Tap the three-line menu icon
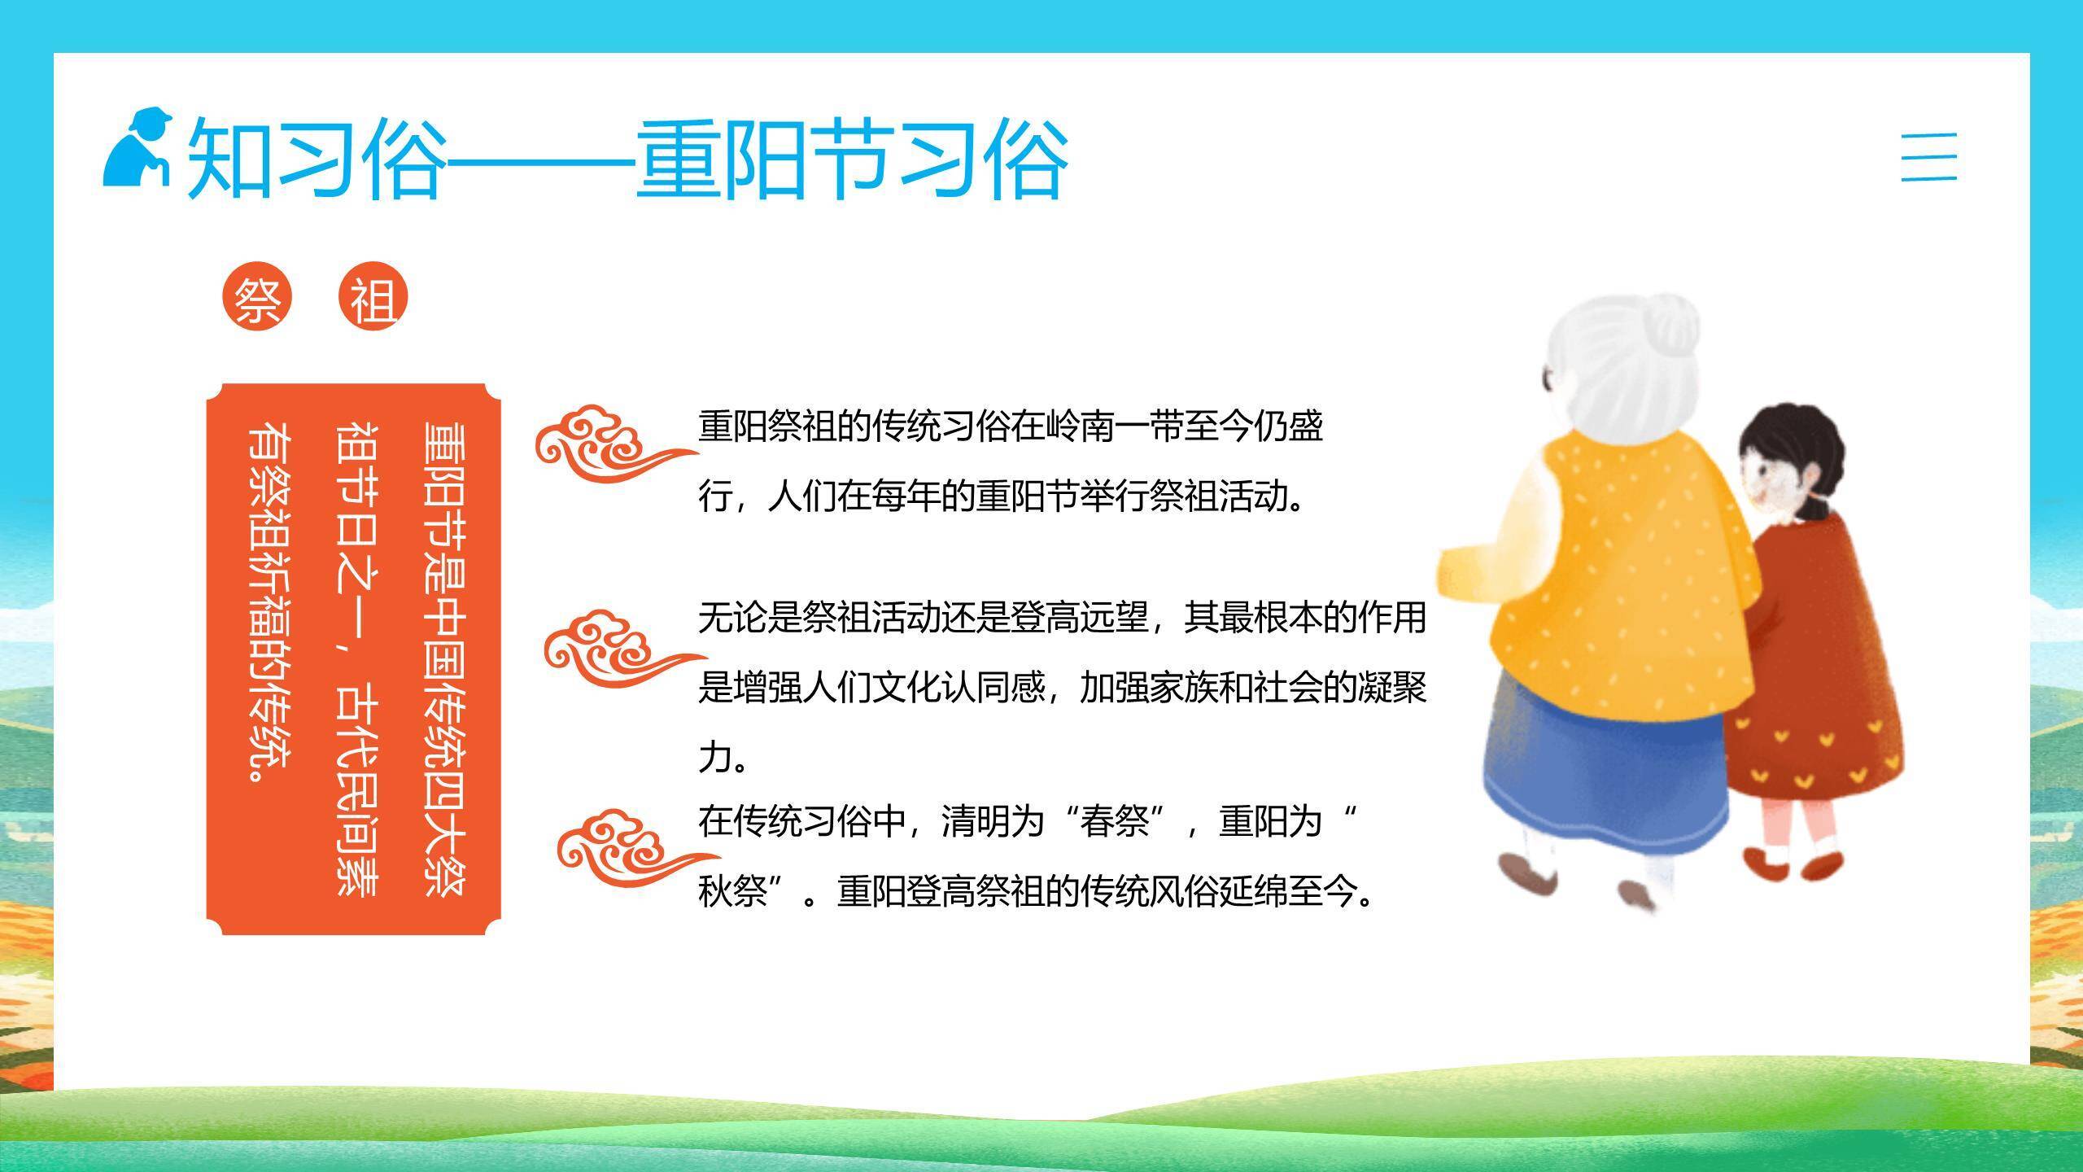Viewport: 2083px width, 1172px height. tap(1928, 156)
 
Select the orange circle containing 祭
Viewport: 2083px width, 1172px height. tap(257, 297)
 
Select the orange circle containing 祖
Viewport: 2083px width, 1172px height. tap(373, 297)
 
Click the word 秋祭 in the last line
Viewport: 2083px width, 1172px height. tap(733, 890)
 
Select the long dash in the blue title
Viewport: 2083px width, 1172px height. tap(540, 160)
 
